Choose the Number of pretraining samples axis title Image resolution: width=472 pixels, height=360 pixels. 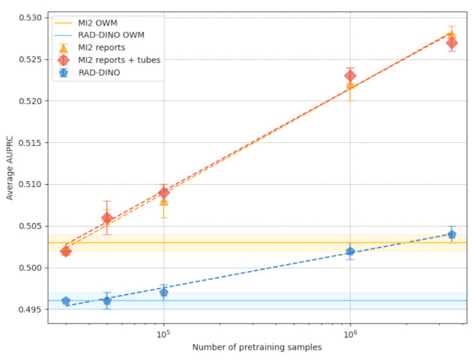click(257, 348)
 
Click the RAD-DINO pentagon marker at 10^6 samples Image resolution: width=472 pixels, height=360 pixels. click(350, 251)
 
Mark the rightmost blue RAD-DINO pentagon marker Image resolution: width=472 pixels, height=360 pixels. click(452, 234)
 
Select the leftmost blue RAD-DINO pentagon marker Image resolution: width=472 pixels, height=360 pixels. click(66, 301)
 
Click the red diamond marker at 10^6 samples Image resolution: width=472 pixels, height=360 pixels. click(350, 76)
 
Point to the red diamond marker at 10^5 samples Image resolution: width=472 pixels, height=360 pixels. click(164, 192)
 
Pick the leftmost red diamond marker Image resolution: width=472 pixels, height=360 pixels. click(66, 251)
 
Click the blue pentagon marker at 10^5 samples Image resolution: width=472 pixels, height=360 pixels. click(164, 292)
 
